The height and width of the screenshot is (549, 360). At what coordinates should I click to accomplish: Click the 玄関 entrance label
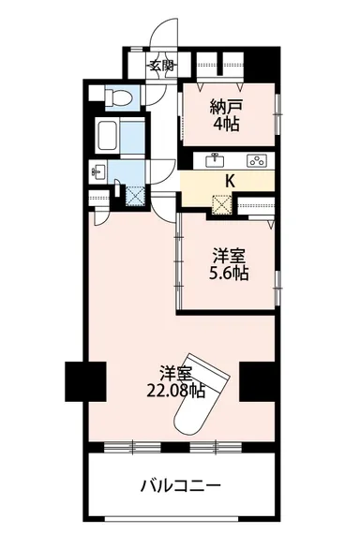point(161,66)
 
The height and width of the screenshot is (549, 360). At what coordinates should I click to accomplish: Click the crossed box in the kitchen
point(222,202)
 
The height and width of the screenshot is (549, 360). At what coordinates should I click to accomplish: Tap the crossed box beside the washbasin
point(133,196)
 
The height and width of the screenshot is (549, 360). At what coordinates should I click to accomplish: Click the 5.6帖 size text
point(228,274)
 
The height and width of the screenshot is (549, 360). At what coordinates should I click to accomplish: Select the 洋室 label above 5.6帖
point(228,255)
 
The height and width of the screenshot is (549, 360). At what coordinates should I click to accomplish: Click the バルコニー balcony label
point(180,486)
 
